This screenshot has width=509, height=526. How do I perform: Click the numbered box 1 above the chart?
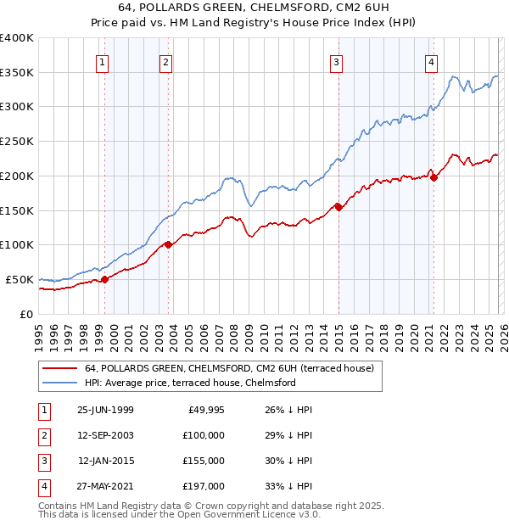coord(102,61)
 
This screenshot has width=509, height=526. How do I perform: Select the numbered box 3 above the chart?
coord(337,61)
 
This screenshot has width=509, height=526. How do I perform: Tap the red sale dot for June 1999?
coord(105,278)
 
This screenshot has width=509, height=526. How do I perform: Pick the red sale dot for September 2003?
coord(168,244)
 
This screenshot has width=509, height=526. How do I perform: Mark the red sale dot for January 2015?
coord(338,206)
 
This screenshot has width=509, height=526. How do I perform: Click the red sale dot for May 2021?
coord(433,177)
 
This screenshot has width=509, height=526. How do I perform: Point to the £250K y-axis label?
coord(17,141)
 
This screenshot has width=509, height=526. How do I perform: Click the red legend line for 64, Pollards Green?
coord(60,368)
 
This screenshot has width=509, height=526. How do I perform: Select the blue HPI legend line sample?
coord(60,383)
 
